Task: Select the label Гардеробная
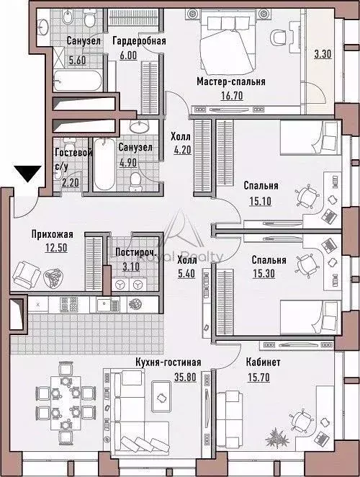[139, 41]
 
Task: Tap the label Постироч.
[128, 253]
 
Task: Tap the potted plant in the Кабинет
[275, 437]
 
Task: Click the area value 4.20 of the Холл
[180, 151]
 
